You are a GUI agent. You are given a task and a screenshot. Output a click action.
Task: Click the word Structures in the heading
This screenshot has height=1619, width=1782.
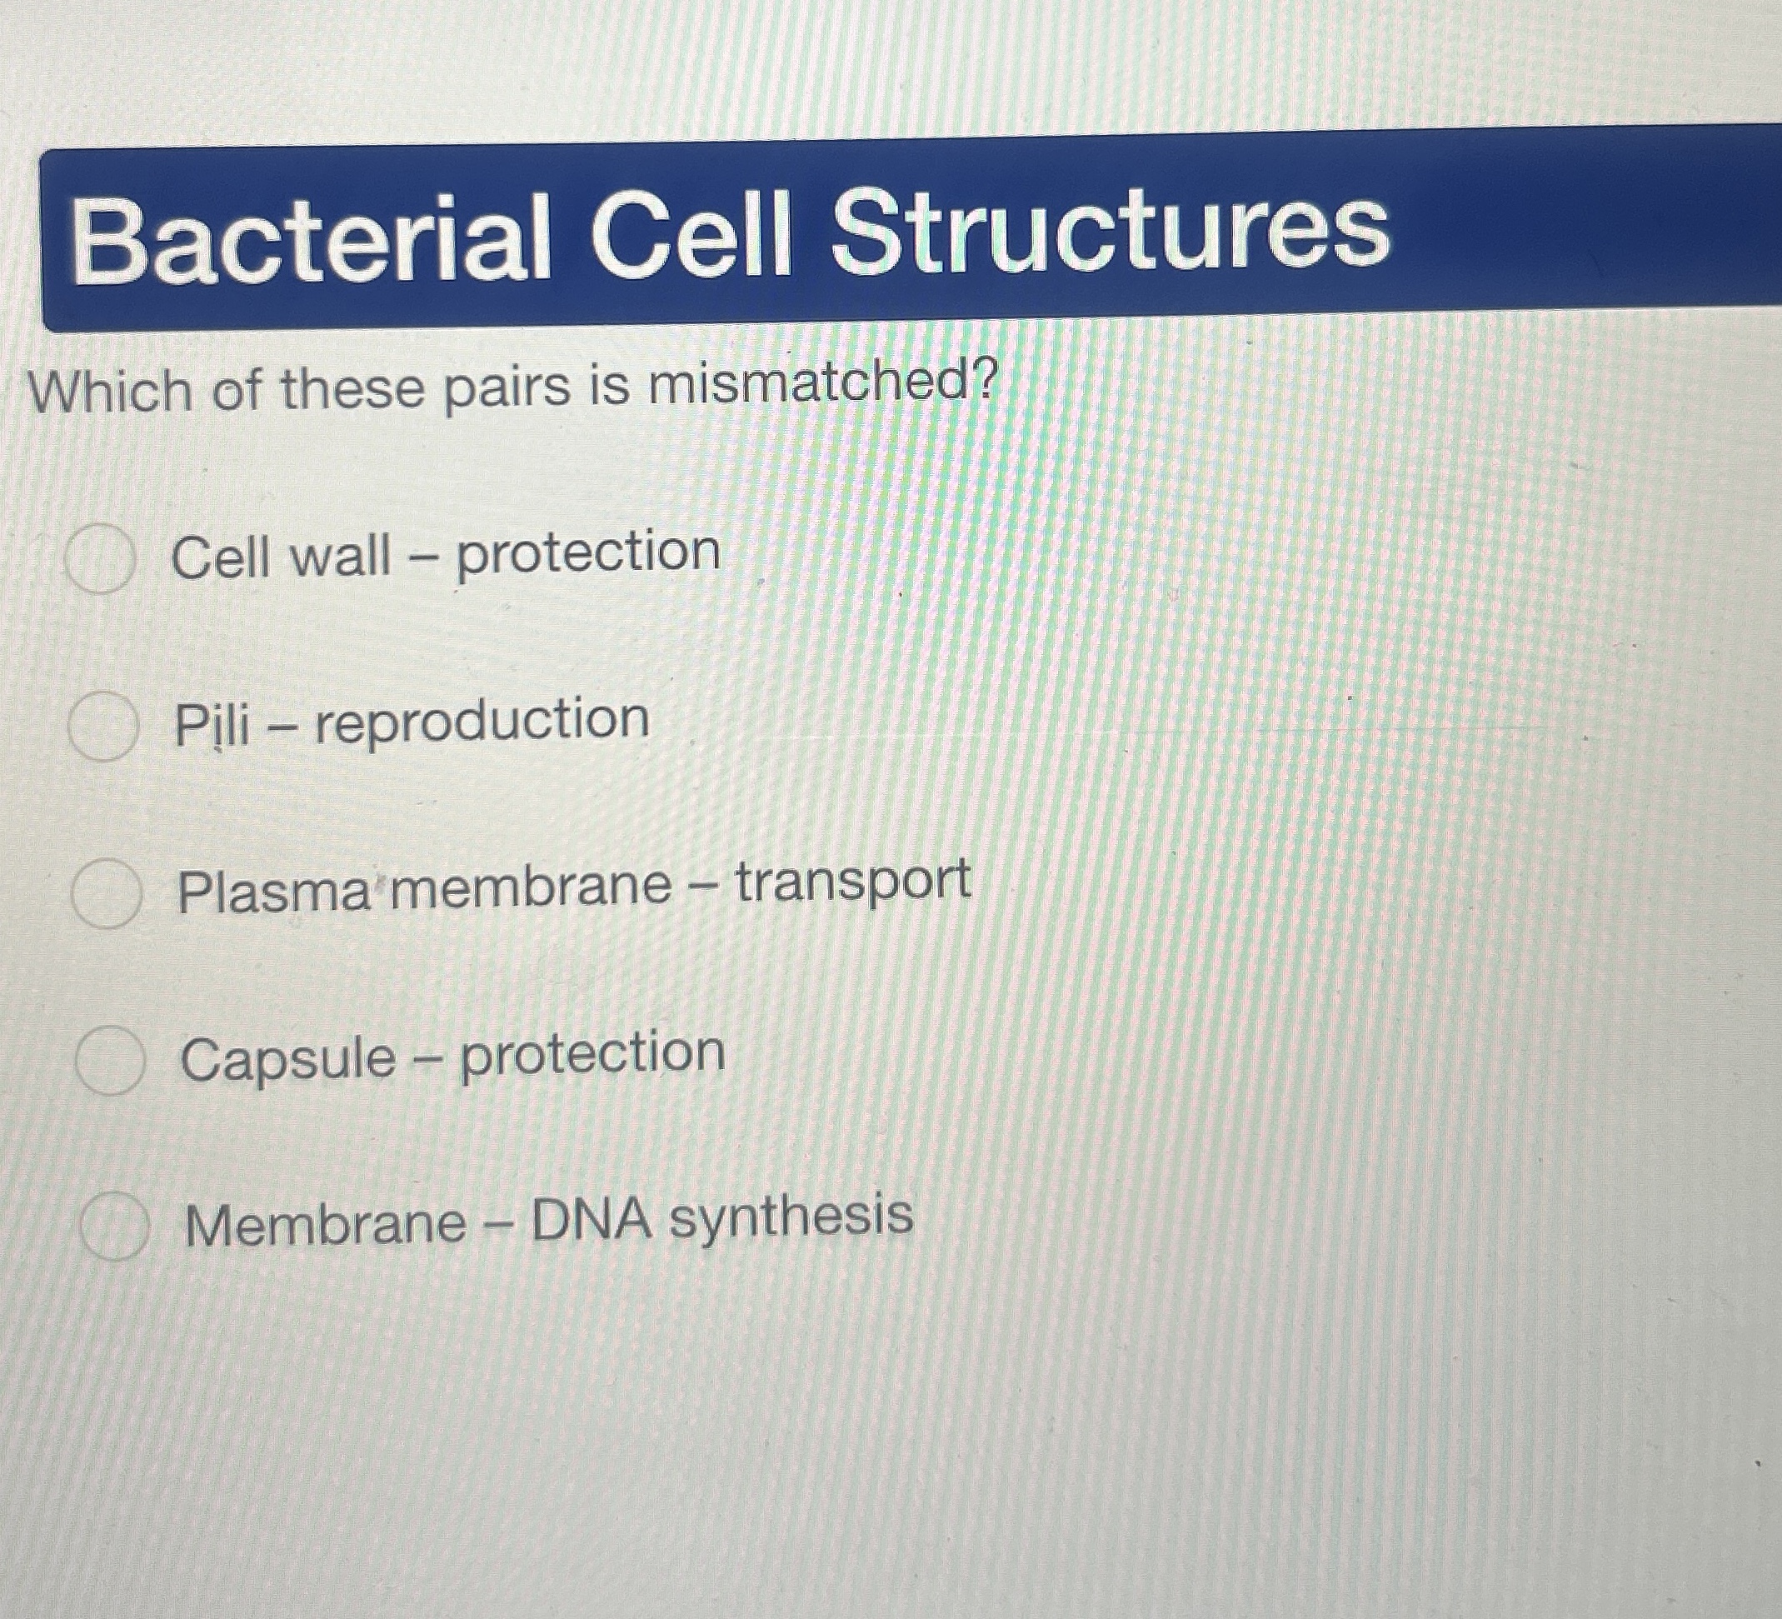(1111, 232)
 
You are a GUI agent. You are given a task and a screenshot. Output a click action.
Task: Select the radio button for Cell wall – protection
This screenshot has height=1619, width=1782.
(101, 557)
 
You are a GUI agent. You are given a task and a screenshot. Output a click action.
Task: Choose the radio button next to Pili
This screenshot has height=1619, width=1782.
(103, 727)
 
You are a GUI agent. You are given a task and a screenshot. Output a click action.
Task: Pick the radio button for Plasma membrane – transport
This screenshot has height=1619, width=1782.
(107, 893)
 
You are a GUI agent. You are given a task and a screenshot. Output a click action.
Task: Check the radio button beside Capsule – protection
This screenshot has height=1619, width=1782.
(111, 1060)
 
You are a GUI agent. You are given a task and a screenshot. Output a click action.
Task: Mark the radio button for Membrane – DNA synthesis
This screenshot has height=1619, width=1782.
(114, 1225)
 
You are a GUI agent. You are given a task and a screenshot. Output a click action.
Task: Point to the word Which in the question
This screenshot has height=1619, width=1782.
(112, 392)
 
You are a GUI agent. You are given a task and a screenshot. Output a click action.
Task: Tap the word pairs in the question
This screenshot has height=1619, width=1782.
(507, 389)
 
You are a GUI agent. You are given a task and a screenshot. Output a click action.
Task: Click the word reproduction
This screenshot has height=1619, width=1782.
(482, 722)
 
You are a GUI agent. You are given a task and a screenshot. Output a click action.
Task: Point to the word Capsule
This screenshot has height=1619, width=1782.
(288, 1059)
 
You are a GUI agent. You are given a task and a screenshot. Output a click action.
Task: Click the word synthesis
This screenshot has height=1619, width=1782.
(791, 1218)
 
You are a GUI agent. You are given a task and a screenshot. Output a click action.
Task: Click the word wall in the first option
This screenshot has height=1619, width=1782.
(340, 557)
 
